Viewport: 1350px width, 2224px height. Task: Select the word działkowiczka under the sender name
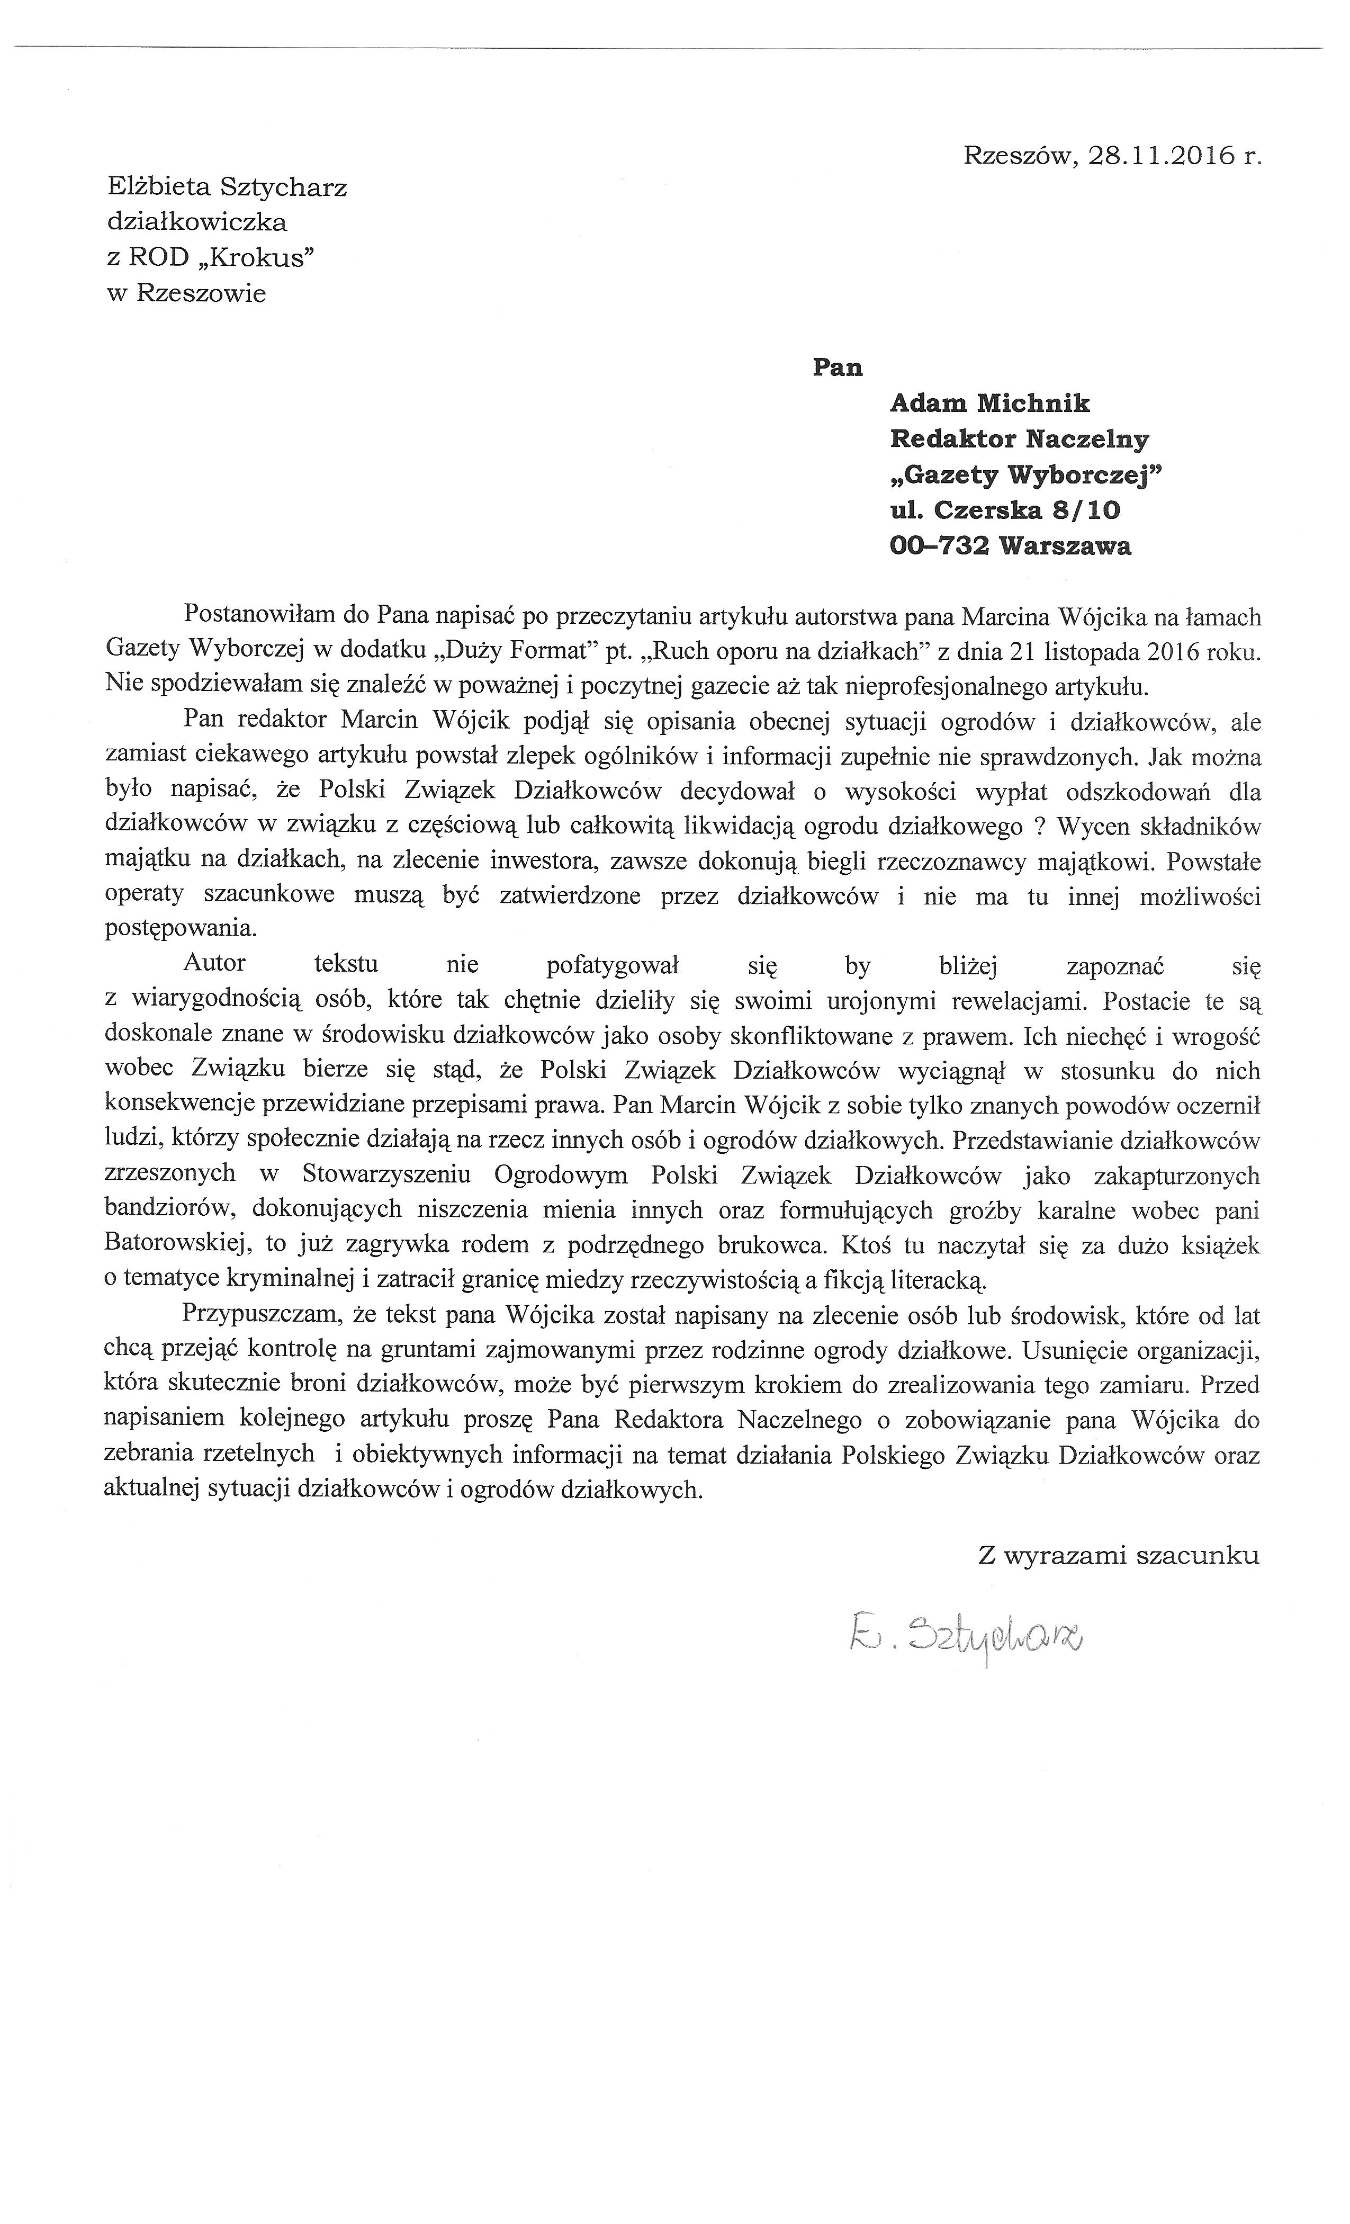point(197,222)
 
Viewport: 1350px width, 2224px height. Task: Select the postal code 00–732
point(939,545)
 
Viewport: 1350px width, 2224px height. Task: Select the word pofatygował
point(612,966)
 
